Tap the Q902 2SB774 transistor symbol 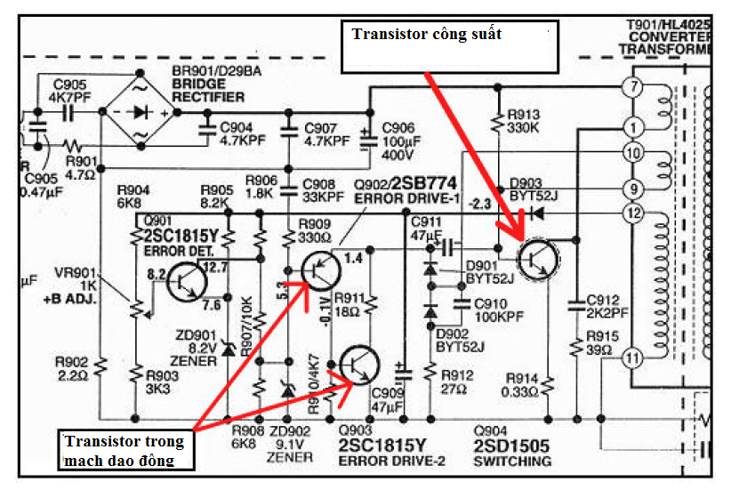click(x=321, y=270)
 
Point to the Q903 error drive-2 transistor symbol click(x=358, y=365)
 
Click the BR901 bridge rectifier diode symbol click(x=141, y=112)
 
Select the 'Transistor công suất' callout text click(x=427, y=35)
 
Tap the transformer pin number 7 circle click(x=632, y=87)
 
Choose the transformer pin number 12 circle click(x=632, y=213)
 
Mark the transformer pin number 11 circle click(x=632, y=359)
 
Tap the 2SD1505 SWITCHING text click(x=512, y=454)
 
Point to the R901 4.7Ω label click(x=79, y=168)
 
